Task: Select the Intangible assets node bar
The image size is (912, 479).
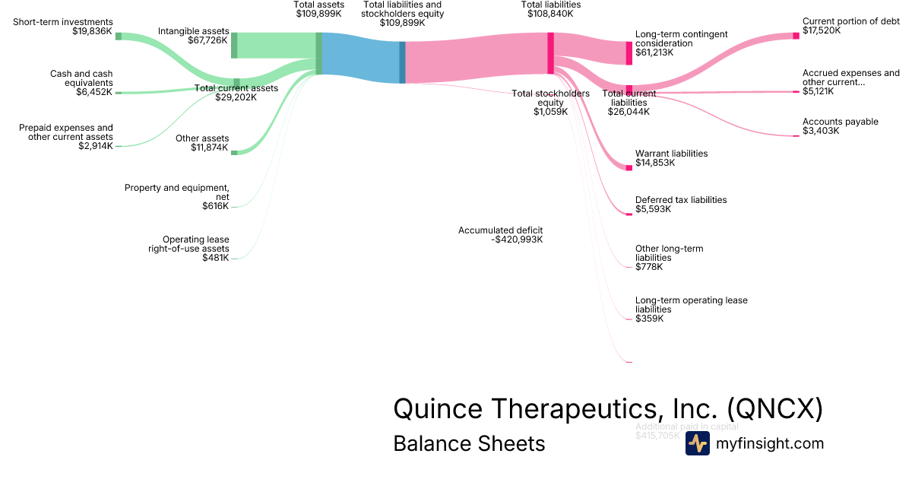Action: pyautogui.click(x=234, y=45)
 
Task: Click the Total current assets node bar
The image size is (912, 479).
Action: pyautogui.click(x=236, y=83)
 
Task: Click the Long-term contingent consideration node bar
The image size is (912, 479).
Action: pyautogui.click(x=629, y=52)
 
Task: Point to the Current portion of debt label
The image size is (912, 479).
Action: pyautogui.click(x=851, y=21)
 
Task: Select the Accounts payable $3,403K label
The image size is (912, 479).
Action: pyautogui.click(x=840, y=126)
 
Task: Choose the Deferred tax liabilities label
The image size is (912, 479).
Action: pyautogui.click(x=681, y=200)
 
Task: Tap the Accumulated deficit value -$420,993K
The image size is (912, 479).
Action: pyautogui.click(x=517, y=239)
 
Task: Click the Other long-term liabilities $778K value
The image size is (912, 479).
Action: pyautogui.click(x=649, y=267)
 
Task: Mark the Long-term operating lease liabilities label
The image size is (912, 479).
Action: pyautogui.click(x=691, y=305)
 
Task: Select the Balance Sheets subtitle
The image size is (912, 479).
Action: pyautogui.click(x=469, y=443)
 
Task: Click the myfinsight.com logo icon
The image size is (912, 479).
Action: pyautogui.click(x=697, y=443)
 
